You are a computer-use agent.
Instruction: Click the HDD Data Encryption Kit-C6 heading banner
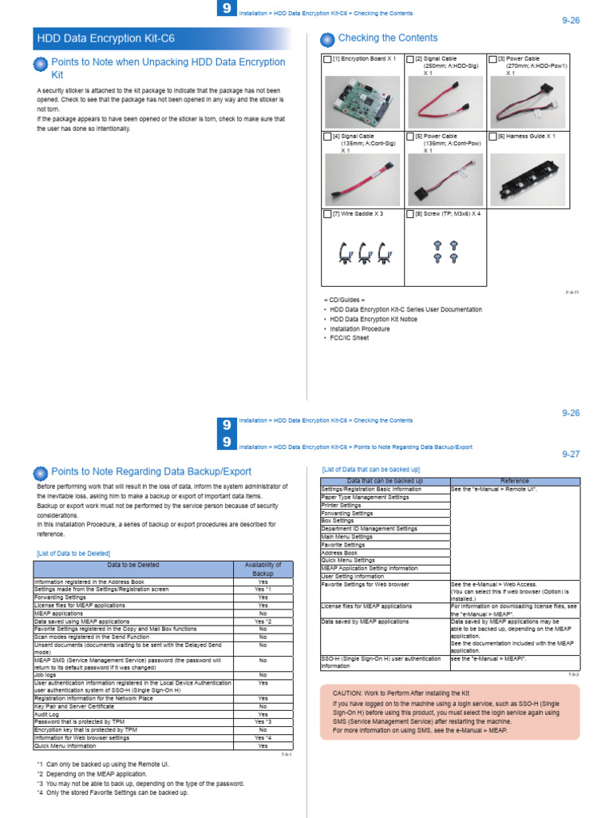(160, 38)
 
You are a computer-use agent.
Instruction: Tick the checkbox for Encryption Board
(327, 60)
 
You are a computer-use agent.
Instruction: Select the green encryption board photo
(362, 101)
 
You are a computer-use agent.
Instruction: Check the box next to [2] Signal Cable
(410, 60)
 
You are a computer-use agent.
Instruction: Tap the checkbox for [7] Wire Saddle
(327, 214)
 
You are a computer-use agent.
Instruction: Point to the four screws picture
(445, 252)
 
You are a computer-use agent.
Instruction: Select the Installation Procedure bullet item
(360, 329)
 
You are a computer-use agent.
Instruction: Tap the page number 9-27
(570, 454)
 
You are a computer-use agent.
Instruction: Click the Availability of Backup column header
(263, 569)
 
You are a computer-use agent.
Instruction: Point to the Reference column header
(514, 481)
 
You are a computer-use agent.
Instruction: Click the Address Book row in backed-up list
(339, 553)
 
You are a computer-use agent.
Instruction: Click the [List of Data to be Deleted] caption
(73, 553)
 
